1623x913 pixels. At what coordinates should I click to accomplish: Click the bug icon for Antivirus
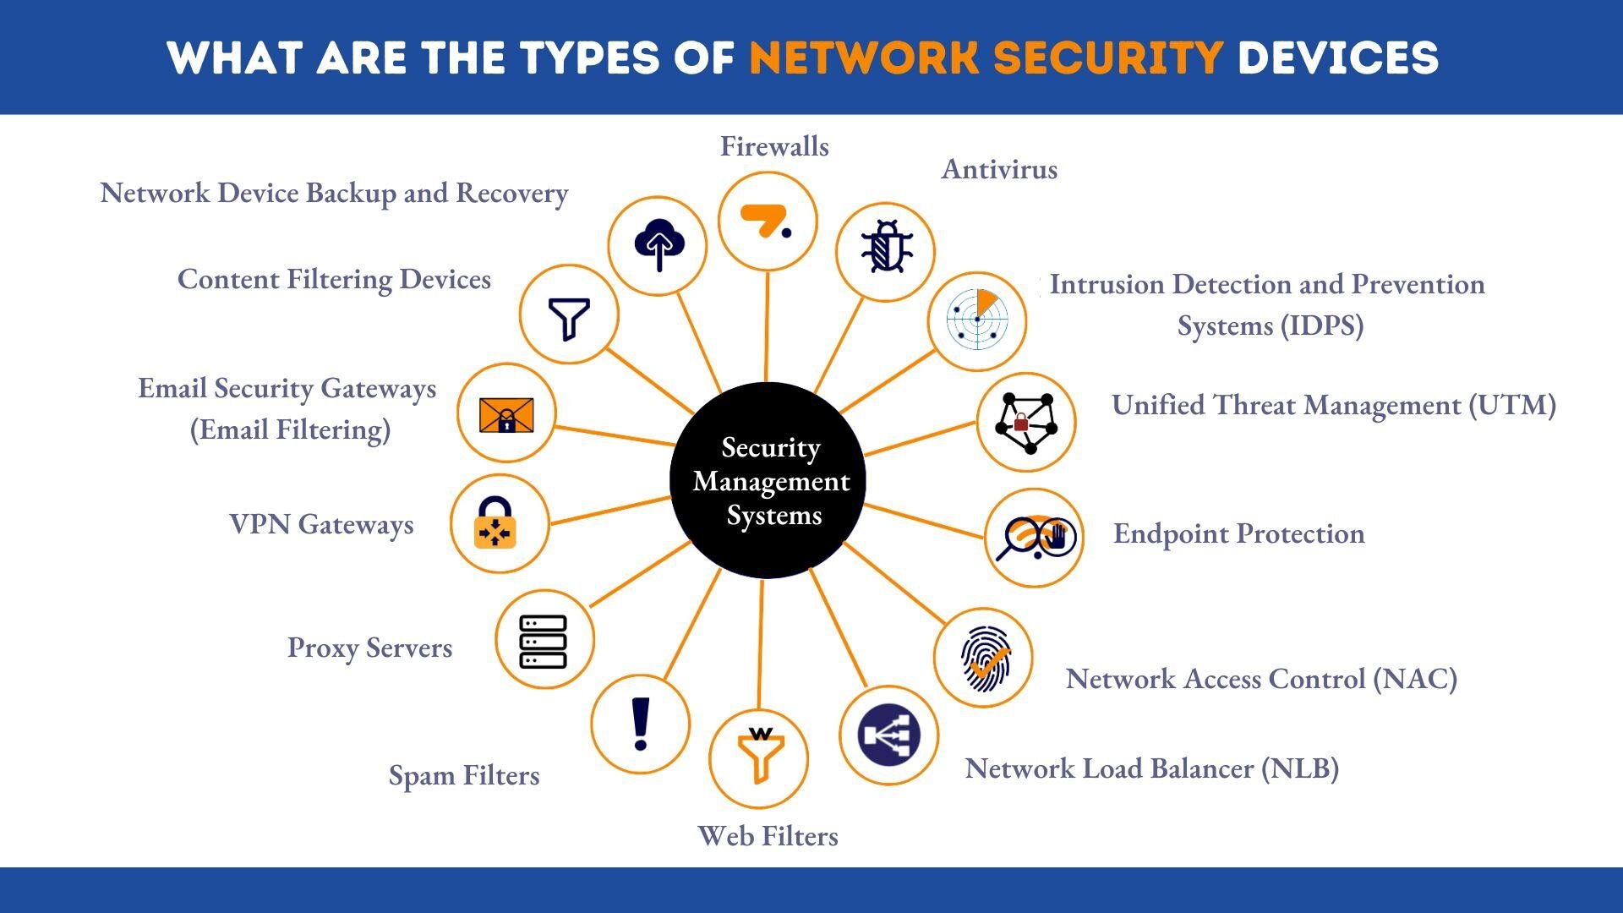(885, 249)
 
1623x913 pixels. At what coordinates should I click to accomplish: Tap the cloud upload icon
(658, 245)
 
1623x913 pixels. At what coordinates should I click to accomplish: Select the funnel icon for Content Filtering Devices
(569, 315)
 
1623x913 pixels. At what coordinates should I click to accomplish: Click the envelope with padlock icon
(506, 414)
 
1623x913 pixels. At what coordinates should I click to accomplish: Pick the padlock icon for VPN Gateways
(496, 523)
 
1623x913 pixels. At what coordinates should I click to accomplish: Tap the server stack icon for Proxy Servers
(544, 640)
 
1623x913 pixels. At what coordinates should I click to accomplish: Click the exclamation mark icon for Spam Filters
(640, 724)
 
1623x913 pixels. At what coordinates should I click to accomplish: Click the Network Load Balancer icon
(888, 735)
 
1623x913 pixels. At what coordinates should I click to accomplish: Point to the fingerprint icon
(984, 658)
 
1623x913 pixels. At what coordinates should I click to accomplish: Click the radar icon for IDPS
(977, 320)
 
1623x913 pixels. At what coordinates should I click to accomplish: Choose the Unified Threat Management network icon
(1026, 421)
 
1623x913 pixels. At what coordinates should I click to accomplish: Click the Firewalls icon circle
(768, 221)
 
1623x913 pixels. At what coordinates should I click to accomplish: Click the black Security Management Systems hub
(768, 480)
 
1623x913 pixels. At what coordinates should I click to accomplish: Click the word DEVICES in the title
(1337, 57)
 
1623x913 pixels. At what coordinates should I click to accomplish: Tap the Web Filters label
(768, 836)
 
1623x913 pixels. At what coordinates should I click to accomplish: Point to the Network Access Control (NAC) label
(1261, 679)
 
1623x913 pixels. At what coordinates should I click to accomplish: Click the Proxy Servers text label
(369, 648)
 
